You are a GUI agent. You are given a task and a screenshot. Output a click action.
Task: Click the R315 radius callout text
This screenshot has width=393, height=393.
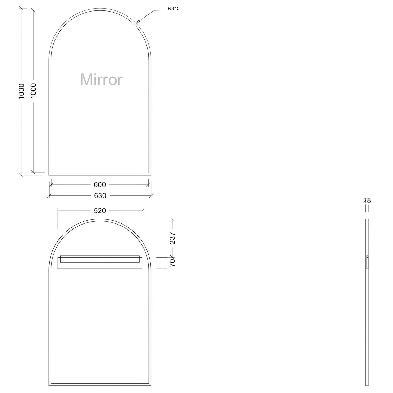174,8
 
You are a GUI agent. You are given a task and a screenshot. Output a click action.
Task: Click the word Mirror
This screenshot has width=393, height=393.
101,79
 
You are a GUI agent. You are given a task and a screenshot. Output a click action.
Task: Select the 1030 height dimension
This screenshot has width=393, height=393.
21,91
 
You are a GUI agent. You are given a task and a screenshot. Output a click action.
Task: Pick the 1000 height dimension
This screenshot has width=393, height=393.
33,91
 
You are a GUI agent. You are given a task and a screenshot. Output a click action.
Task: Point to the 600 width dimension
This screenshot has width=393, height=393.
100,185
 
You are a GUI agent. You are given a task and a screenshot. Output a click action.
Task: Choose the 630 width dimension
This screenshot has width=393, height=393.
100,196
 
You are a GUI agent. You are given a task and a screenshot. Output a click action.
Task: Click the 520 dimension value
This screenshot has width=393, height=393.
100,211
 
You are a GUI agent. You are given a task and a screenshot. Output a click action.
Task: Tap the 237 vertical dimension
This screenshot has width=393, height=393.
172,238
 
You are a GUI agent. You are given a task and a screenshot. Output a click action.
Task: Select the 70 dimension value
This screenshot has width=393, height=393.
172,263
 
